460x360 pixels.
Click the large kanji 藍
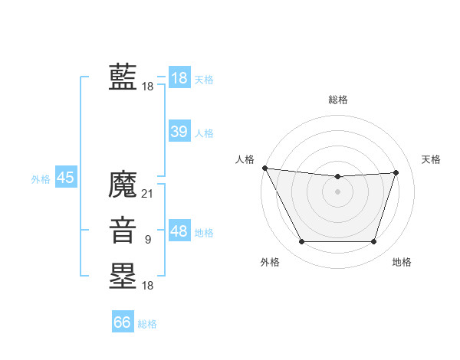123,78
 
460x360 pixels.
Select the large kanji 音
123,231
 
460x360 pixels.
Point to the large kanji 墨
123,276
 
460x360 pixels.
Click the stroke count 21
148,194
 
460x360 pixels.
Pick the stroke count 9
148,240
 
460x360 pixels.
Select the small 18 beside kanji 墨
148,285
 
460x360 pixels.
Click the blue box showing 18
179,78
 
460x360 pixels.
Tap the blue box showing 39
179,132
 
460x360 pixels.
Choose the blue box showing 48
179,231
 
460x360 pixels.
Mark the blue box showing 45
65,178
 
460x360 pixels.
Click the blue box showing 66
123,322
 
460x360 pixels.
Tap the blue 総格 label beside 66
148,323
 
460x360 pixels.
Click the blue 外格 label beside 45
41,179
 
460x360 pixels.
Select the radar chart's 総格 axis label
338,100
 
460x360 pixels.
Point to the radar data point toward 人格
264,168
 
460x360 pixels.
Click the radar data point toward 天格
396,172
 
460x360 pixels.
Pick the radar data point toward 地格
374,242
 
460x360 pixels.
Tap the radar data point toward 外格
301,242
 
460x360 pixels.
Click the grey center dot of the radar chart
338,191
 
